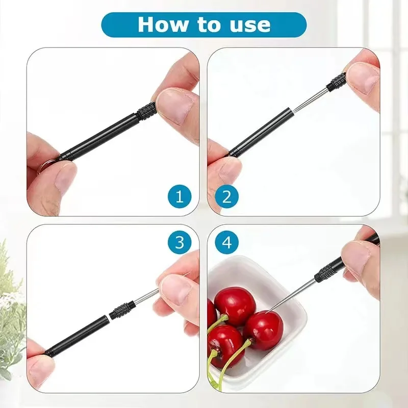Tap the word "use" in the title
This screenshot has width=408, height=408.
pos(250,24)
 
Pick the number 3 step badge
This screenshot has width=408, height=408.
pos(180,242)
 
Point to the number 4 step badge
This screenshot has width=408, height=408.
pos(227,242)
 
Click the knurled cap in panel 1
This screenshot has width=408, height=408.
pos(147,109)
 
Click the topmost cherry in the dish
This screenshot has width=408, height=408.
pos(234,305)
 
